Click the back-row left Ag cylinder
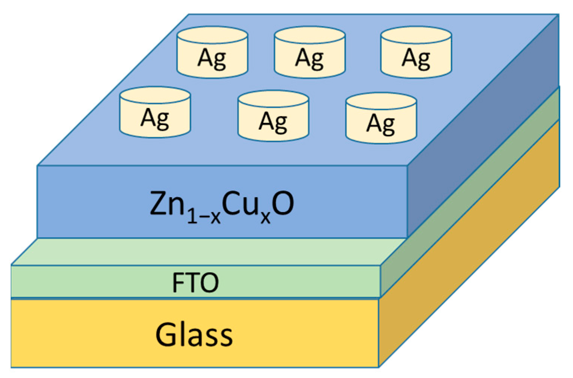212,52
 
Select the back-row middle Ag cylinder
310,52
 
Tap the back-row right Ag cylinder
416,52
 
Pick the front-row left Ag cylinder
155,112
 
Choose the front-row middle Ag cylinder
273,116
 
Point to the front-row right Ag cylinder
381,118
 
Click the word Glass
194,334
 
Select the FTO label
195,282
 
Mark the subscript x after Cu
265,217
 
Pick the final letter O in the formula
283,204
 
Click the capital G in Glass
166,334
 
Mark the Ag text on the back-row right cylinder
416,58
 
